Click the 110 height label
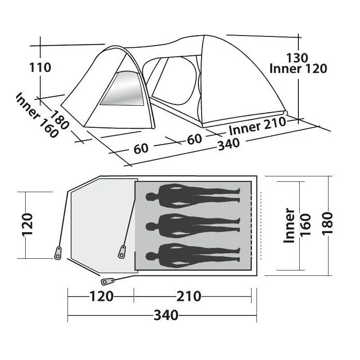click(x=40, y=67)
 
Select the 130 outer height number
click(x=297, y=58)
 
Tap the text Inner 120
click(x=298, y=69)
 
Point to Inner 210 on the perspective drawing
click(x=257, y=126)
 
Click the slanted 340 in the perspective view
click(x=229, y=144)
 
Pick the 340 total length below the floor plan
click(x=166, y=315)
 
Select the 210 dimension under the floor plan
click(x=189, y=296)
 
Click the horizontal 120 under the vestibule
click(x=101, y=296)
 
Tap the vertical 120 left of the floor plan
click(x=27, y=225)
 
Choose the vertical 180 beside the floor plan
click(x=328, y=223)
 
